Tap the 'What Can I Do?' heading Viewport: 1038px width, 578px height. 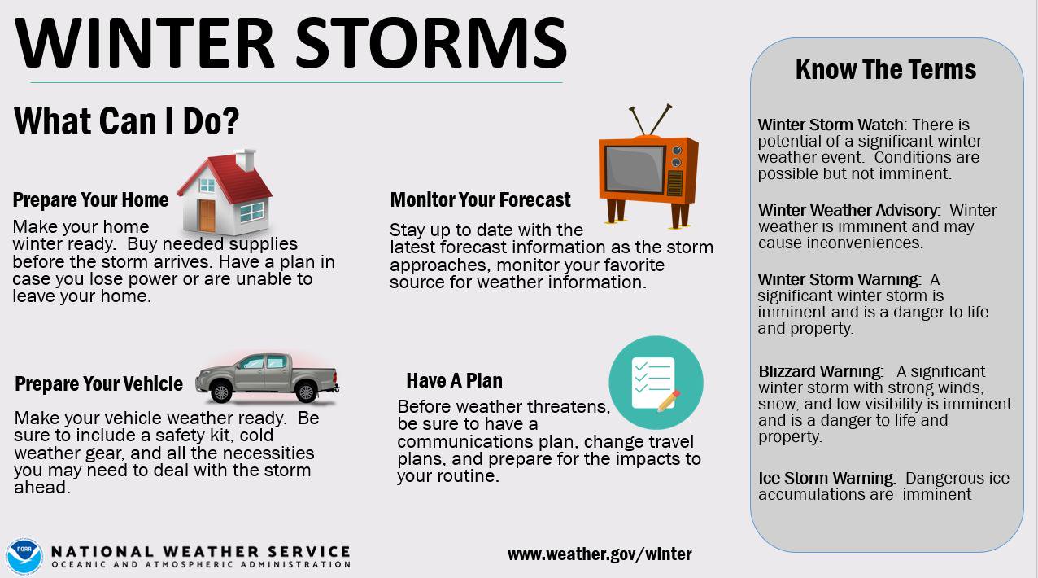point(126,120)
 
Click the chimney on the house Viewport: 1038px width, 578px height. point(245,160)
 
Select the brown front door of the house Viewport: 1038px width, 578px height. point(207,215)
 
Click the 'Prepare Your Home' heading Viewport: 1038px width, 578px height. point(90,200)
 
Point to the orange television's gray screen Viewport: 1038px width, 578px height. point(635,169)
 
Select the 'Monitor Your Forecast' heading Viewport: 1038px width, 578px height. point(480,200)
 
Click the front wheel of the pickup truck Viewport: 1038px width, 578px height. point(221,392)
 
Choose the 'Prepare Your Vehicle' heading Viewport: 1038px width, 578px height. point(98,384)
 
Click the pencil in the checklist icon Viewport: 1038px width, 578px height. point(668,401)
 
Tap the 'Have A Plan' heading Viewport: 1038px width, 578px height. point(454,381)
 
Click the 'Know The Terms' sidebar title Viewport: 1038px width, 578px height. point(885,70)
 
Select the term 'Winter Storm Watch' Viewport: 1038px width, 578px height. point(831,125)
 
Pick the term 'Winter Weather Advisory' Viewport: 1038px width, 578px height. point(848,210)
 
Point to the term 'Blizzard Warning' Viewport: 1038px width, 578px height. point(820,371)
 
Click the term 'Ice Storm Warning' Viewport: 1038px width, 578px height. point(826,478)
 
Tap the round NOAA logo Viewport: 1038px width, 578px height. point(24,557)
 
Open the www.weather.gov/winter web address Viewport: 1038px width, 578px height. point(600,554)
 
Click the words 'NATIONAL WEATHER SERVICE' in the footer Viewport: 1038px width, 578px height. point(200,552)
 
